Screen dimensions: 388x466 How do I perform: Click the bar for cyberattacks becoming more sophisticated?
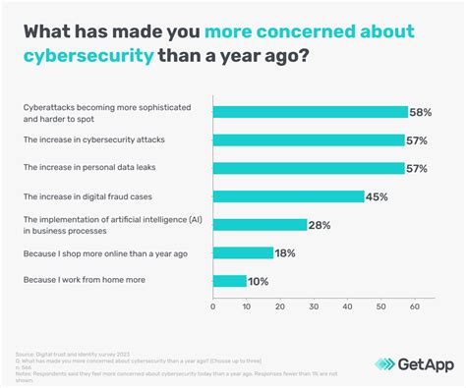310,112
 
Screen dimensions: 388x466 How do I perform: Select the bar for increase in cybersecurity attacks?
309,139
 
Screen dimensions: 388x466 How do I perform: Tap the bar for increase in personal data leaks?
309,168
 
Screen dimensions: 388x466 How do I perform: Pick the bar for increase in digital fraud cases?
288,196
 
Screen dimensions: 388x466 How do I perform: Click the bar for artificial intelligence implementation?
260,225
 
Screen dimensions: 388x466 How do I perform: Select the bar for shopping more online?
243,252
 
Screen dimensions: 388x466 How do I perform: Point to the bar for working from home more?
230,281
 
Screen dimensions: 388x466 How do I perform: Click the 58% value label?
422,112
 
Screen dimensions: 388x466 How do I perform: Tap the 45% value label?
378,196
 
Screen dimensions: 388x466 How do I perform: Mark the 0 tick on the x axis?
213,306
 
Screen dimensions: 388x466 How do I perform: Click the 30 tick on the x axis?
314,306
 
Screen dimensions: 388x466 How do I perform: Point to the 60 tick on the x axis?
414,306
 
